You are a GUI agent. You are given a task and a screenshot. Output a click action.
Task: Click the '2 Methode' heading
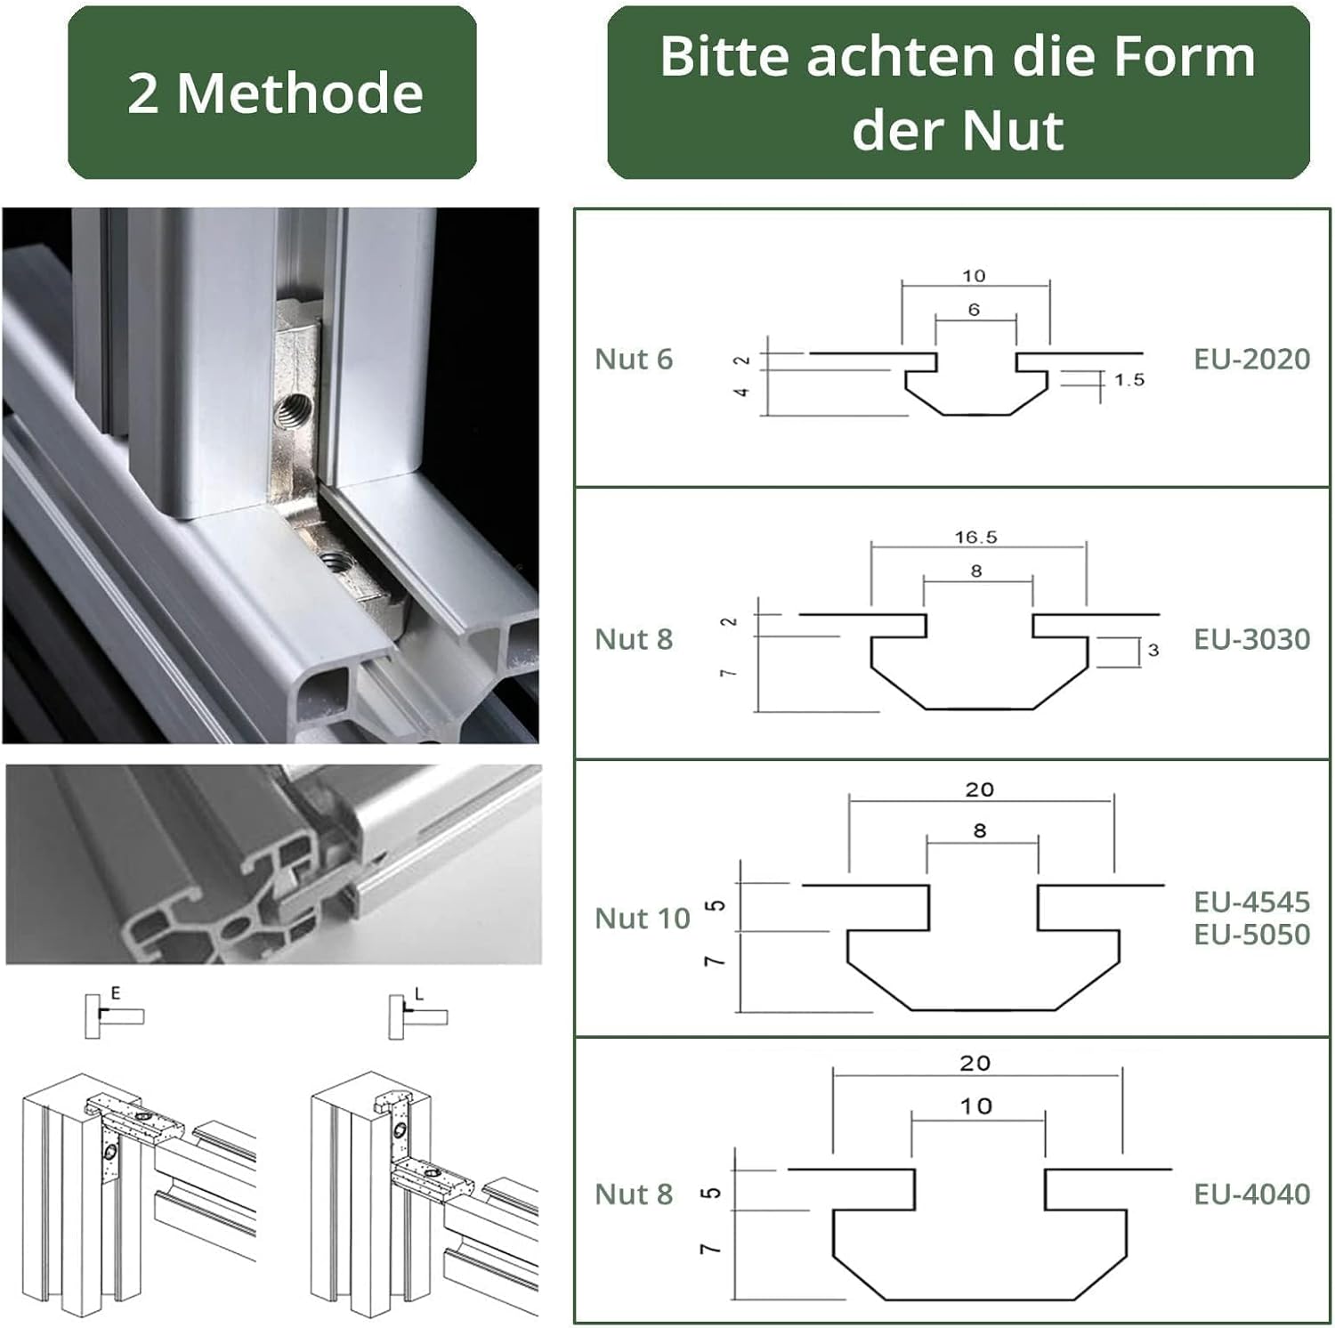274,93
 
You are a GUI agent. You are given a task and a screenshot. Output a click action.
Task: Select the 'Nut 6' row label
634,359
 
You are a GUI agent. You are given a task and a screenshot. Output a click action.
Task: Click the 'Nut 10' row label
642,918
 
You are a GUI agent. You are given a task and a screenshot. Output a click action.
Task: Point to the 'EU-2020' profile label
1251,359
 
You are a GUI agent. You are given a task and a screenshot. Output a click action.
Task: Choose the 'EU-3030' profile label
1251,638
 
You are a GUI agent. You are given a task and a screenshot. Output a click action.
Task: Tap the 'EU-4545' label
1251,902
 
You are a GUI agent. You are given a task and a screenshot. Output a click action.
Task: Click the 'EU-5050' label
1251,934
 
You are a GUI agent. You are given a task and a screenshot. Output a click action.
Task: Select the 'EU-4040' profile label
1251,1194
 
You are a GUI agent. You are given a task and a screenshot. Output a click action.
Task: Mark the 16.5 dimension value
975,538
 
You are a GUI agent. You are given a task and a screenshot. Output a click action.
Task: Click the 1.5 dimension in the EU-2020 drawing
1129,380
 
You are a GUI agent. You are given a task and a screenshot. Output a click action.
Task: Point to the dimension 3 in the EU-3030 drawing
1153,651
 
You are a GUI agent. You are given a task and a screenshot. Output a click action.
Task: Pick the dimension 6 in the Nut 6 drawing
974,310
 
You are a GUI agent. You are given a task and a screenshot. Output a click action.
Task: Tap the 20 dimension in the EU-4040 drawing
975,1063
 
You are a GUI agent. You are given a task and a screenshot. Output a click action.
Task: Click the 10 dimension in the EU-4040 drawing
975,1105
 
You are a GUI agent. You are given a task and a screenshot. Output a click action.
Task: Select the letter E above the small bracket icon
116,992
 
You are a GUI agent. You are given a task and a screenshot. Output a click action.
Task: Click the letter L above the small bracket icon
419,993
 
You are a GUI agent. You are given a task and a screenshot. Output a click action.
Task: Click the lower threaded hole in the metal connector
335,562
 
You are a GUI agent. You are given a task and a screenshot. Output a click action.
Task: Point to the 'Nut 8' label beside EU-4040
634,1194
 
